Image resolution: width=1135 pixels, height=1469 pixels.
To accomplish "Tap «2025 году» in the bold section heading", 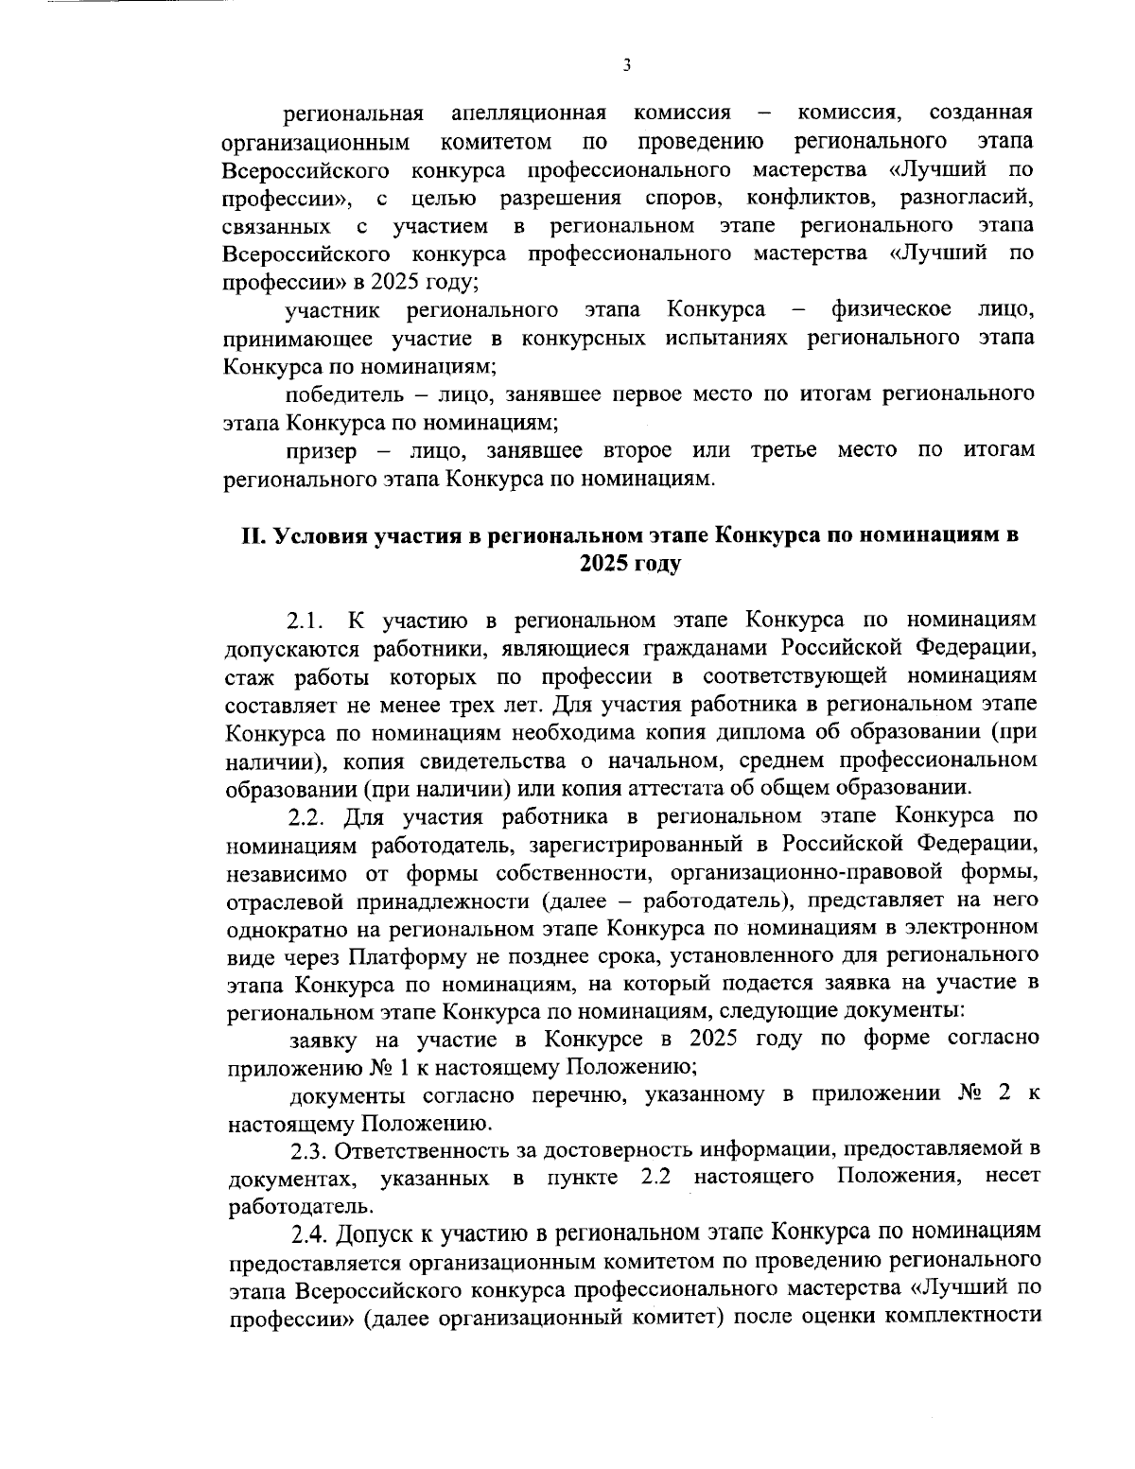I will (630, 564).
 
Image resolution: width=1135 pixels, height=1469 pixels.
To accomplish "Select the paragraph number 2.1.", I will (307, 621).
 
